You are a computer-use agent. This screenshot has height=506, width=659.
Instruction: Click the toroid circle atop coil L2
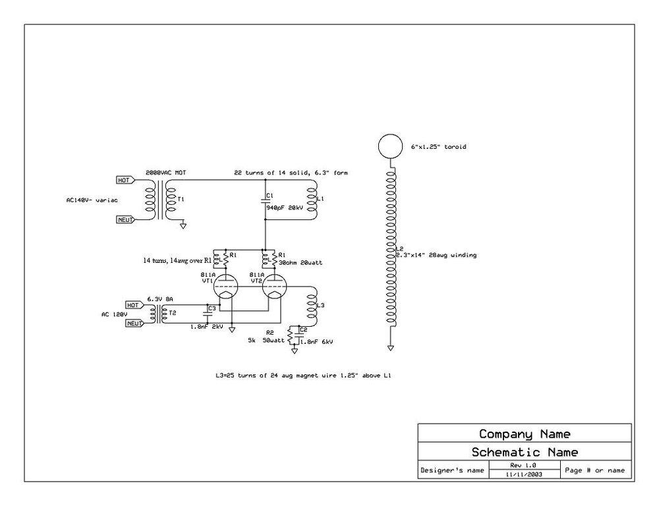(x=389, y=146)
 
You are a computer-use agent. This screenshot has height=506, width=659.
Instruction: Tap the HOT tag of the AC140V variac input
(x=124, y=180)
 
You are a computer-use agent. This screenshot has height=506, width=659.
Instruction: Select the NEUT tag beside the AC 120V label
(x=134, y=323)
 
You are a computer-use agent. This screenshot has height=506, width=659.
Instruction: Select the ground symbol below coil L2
(x=390, y=347)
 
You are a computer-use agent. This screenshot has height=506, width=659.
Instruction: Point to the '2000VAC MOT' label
(x=165, y=173)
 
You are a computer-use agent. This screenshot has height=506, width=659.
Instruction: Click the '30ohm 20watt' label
(x=295, y=262)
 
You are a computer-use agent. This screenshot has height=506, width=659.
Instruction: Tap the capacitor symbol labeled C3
(x=207, y=315)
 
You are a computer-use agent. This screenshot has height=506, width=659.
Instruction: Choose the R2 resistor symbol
(x=290, y=336)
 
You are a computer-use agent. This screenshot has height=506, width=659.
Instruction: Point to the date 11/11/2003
(x=524, y=474)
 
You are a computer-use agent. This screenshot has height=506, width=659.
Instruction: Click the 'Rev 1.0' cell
(x=524, y=465)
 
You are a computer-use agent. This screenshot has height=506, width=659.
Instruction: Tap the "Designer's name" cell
(x=451, y=470)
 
